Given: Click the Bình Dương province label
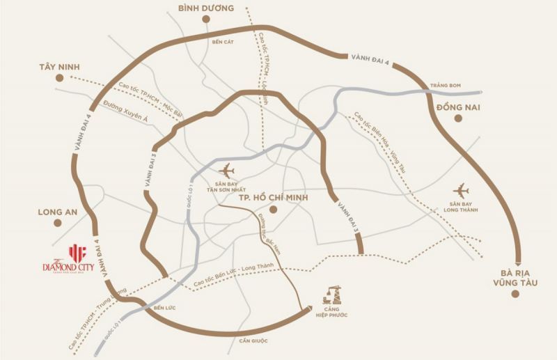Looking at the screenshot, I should [x=205, y=8].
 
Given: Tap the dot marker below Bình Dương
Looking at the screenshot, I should [x=206, y=20].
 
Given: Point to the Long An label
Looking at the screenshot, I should [x=59, y=211].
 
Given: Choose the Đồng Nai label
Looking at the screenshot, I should [x=459, y=107].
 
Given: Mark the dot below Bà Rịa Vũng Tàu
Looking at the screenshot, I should [x=515, y=294].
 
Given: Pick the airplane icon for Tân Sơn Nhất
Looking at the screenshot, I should [x=226, y=169].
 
